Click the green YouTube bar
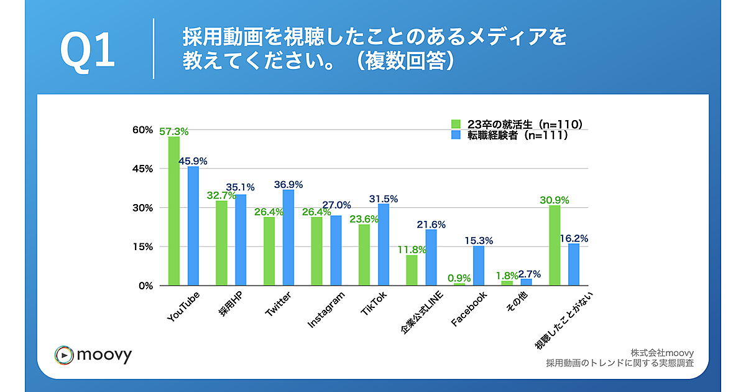[174, 211]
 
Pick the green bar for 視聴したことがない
[555, 245]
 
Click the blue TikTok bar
[384, 245]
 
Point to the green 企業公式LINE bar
[412, 270]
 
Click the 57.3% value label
[174, 131]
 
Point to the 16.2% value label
[574, 238]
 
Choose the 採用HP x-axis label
[230, 305]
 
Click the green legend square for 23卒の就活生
[456, 123]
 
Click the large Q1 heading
[88, 51]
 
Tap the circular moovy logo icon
[65, 355]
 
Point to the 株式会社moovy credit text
[661, 352]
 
